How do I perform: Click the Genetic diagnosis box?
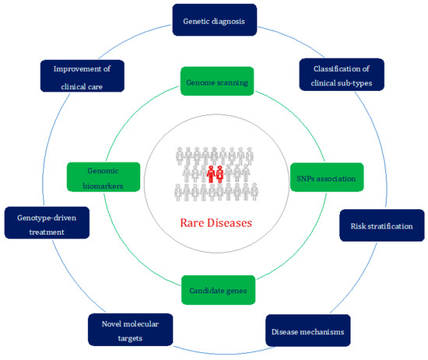point(213,21)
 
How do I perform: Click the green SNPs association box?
point(326,178)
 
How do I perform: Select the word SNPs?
point(305,179)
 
